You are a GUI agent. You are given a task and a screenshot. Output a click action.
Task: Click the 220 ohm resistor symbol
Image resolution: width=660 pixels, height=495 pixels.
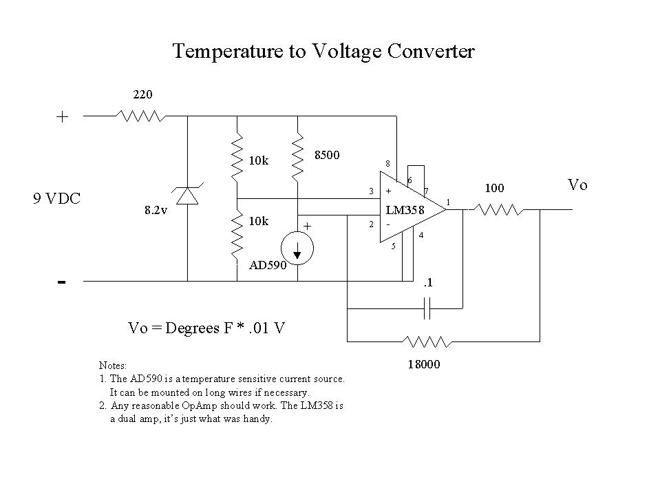pos(140,116)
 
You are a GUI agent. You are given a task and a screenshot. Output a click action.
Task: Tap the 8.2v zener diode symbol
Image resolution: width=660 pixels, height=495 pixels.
pos(187,197)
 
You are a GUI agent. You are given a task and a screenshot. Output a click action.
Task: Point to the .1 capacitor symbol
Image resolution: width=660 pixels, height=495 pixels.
pos(427,308)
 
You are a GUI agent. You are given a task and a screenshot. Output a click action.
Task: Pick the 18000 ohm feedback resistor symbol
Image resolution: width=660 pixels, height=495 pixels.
pos(427,341)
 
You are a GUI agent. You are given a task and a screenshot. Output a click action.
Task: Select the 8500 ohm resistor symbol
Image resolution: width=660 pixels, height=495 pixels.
pos(297,156)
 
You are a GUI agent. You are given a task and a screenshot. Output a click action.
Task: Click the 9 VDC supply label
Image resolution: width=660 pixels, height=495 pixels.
pos(57,199)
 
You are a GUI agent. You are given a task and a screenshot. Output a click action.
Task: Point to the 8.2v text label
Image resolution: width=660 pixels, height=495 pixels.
pos(156,211)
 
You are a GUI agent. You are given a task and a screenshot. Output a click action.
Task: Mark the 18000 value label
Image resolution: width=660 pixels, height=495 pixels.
pos(425,366)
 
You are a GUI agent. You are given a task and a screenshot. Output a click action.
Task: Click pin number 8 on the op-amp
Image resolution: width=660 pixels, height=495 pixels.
pos(387,164)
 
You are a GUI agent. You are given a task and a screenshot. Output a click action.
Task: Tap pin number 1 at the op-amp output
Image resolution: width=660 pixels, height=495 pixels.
pos(449,201)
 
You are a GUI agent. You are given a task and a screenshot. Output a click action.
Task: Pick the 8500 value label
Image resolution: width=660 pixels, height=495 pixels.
pos(327,155)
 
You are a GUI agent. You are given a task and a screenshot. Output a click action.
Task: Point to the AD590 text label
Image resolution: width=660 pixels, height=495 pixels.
pos(268,266)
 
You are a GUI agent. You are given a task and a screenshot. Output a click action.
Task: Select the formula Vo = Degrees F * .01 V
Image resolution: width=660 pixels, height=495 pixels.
pos(206,328)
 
